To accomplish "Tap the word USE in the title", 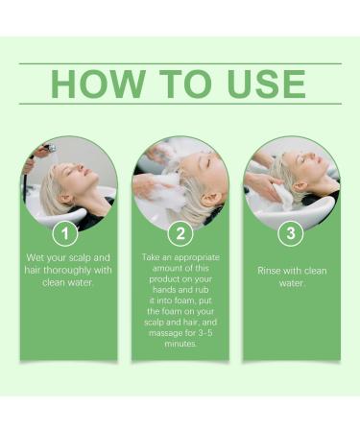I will click(x=260, y=84).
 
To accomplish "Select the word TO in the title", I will click(x=179, y=84).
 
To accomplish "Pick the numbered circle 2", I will click(x=180, y=233).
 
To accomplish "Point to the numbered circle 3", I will click(x=291, y=233).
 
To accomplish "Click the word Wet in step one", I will click(x=38, y=258).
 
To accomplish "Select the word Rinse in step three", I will click(x=271, y=271).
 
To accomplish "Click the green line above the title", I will click(x=180, y=63).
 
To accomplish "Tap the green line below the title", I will click(x=180, y=104).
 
